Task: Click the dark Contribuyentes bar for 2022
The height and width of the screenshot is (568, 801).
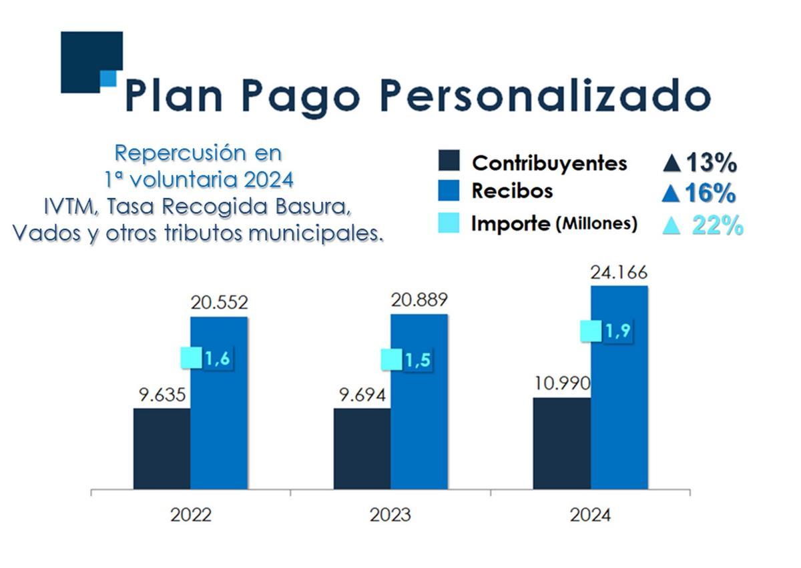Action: point(162,448)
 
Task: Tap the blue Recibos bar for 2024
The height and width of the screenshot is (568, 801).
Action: point(619,400)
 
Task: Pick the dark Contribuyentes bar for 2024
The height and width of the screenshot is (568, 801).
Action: point(561,443)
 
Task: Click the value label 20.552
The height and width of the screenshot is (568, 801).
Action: point(219,303)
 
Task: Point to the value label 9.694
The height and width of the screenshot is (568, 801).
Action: point(362,395)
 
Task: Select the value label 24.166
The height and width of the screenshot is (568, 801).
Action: point(619,272)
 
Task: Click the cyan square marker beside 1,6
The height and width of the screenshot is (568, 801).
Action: point(191,358)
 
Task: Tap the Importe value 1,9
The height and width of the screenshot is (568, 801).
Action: point(617,331)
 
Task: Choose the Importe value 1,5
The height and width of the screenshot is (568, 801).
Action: point(417,360)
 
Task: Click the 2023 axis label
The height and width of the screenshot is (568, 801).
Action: point(390,515)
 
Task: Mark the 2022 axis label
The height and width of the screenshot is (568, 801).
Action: point(191,515)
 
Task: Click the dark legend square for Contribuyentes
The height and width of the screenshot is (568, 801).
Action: point(449,162)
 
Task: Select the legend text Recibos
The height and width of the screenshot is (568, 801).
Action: point(512,191)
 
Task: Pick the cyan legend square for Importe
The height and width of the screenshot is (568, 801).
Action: point(449,222)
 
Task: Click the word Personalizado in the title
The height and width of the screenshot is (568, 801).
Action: point(544,95)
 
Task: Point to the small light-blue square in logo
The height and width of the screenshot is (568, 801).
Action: point(108,79)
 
